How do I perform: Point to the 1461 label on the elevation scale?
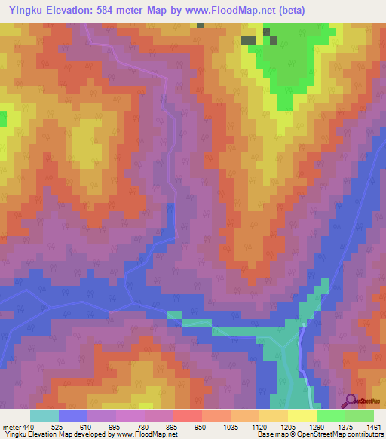pyautogui.click(x=373, y=426)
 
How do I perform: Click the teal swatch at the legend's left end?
pyautogui.click(x=44, y=416)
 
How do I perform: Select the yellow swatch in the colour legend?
pyautogui.click(x=302, y=416)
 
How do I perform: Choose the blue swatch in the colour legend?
pyautogui.click(x=72, y=416)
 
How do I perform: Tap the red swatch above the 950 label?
pyautogui.click(x=187, y=416)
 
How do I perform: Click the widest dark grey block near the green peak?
pyautogui.click(x=248, y=40)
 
